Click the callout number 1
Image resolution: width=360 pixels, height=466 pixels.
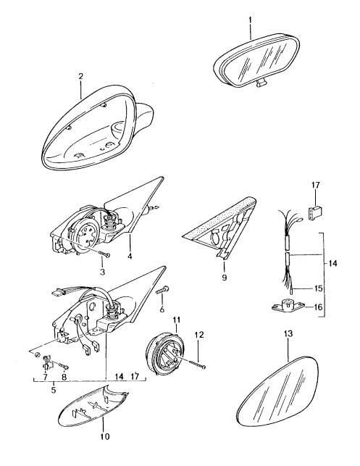pos(250,20)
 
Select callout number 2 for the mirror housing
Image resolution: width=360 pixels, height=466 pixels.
pos(81,76)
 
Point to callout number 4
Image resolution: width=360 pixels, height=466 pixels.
pos(130,256)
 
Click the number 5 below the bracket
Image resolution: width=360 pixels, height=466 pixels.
pos(54,389)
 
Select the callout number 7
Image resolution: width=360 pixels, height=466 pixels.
pos(45,377)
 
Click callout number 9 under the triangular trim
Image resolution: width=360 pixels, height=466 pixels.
pos(224,278)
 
